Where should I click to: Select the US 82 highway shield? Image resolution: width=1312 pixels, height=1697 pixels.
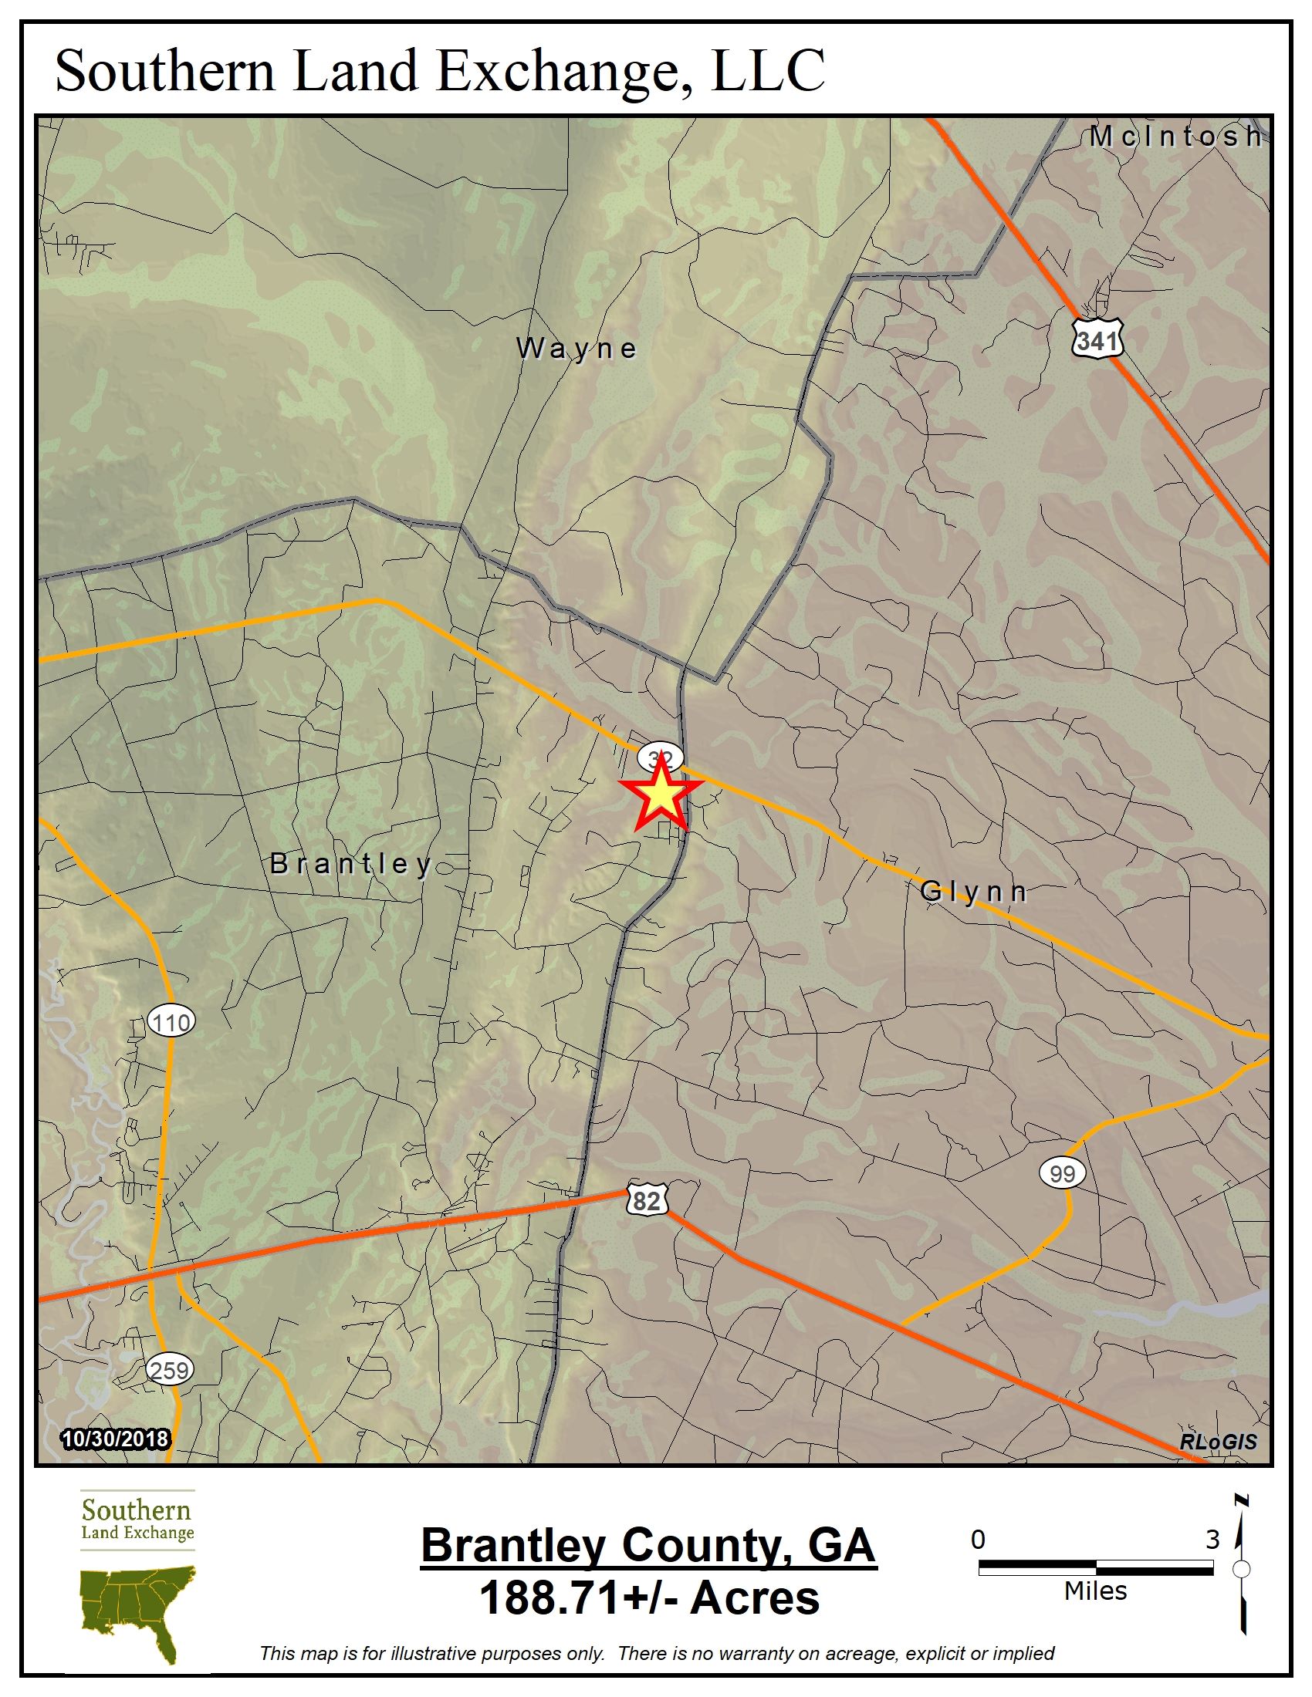[646, 1200]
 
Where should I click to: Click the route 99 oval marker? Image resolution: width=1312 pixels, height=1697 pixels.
[1062, 1172]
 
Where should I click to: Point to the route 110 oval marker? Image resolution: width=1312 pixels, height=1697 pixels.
[171, 1022]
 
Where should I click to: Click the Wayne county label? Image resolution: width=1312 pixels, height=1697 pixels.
[577, 349]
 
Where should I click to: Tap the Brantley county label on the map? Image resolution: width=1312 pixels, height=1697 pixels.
[350, 863]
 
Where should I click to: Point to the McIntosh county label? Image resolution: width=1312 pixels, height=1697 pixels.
[1175, 137]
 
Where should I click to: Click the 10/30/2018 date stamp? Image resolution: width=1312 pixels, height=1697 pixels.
[114, 1439]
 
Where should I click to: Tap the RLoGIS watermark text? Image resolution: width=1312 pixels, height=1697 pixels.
[1217, 1442]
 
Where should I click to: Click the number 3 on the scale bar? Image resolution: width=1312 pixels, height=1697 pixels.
[1212, 1539]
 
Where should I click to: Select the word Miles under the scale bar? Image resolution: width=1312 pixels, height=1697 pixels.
[1095, 1591]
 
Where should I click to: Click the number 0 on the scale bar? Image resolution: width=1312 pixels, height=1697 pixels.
[978, 1539]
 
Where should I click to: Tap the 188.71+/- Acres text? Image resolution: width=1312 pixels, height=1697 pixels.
[649, 1598]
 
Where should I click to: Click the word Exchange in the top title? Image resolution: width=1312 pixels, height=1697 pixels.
[557, 72]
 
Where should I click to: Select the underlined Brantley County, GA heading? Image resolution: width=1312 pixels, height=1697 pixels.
[648, 1546]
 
